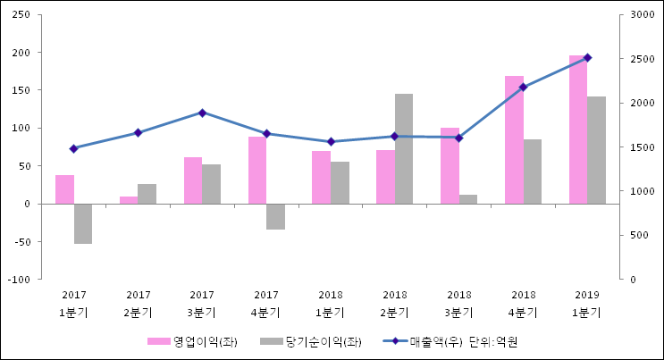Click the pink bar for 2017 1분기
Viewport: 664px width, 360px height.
pyautogui.click(x=64, y=188)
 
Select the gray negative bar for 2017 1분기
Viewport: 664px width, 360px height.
pyautogui.click(x=83, y=223)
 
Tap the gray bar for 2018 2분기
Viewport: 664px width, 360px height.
pyautogui.click(x=404, y=148)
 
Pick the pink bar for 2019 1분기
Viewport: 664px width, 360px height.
pyautogui.click(x=578, y=130)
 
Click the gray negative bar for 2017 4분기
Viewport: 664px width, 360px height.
pyautogui.click(x=275, y=216)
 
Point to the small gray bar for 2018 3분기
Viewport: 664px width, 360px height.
pyautogui.click(x=468, y=199)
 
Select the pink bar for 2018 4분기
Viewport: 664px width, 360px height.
pyautogui.click(x=514, y=139)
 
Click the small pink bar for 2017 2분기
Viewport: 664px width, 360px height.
pyautogui.click(x=129, y=200)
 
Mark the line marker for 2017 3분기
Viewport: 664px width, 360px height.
pyautogui.click(x=202, y=113)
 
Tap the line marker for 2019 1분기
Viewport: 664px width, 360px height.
pyautogui.click(x=587, y=57)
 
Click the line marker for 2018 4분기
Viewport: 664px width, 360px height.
pyautogui.click(x=523, y=88)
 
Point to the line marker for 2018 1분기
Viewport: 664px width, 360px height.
pyautogui.click(x=331, y=141)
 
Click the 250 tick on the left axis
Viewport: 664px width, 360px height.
pyautogui.click(x=22, y=15)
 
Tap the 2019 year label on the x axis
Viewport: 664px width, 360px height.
pyautogui.click(x=587, y=295)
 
